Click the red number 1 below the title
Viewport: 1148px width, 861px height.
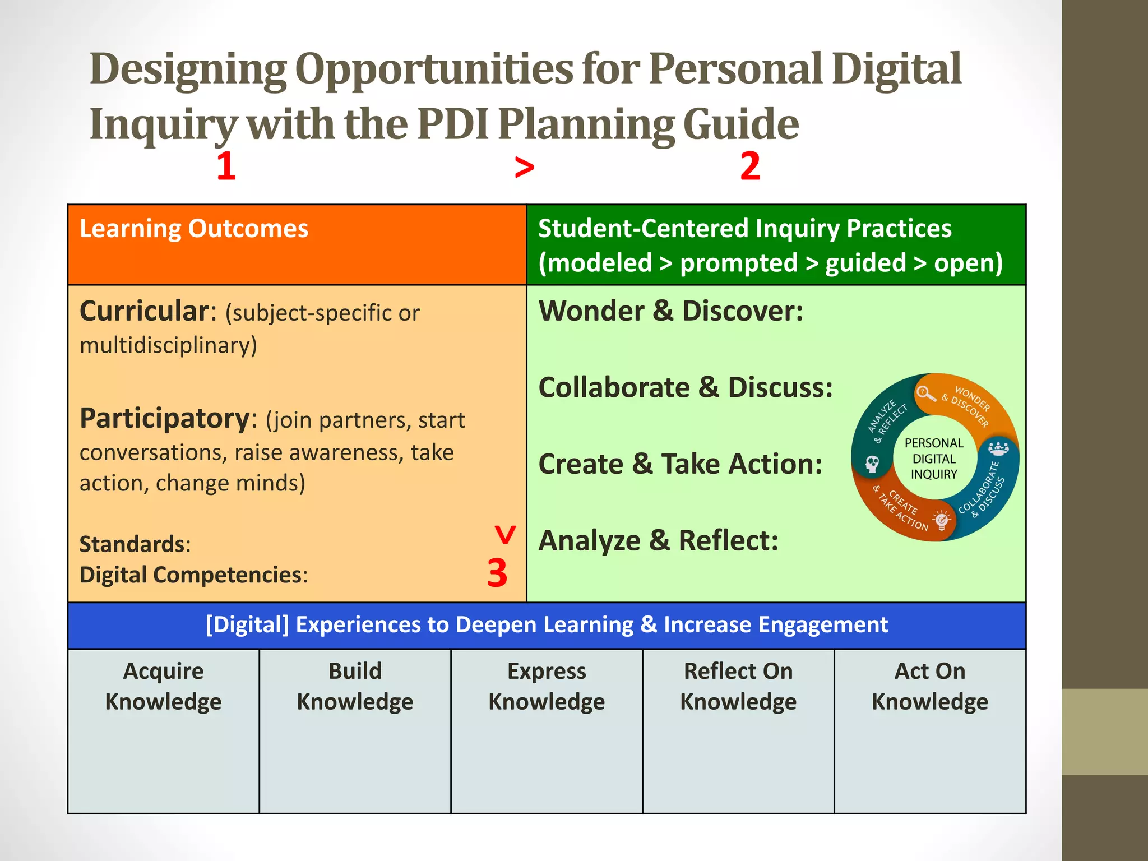[x=226, y=166]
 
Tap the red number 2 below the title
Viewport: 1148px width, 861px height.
[x=750, y=166]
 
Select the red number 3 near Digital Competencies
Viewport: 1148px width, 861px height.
[x=497, y=573]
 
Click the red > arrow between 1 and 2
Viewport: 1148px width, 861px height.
[x=524, y=168]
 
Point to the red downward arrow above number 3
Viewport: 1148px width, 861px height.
[x=505, y=535]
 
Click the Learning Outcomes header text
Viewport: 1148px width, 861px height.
[x=194, y=229]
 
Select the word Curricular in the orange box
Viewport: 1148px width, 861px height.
[x=144, y=311]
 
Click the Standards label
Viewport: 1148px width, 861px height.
[x=132, y=544]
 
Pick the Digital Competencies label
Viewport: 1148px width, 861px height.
[x=191, y=575]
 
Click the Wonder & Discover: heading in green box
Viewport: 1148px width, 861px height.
[x=671, y=311]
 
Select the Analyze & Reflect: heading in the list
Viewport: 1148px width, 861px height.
[x=658, y=541]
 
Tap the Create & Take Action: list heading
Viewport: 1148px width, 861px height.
[x=680, y=464]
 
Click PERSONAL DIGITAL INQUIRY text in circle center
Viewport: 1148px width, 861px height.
[x=934, y=459]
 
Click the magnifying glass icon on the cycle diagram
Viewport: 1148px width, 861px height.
[x=925, y=394]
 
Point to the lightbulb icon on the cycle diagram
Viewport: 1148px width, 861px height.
[x=942, y=521]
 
